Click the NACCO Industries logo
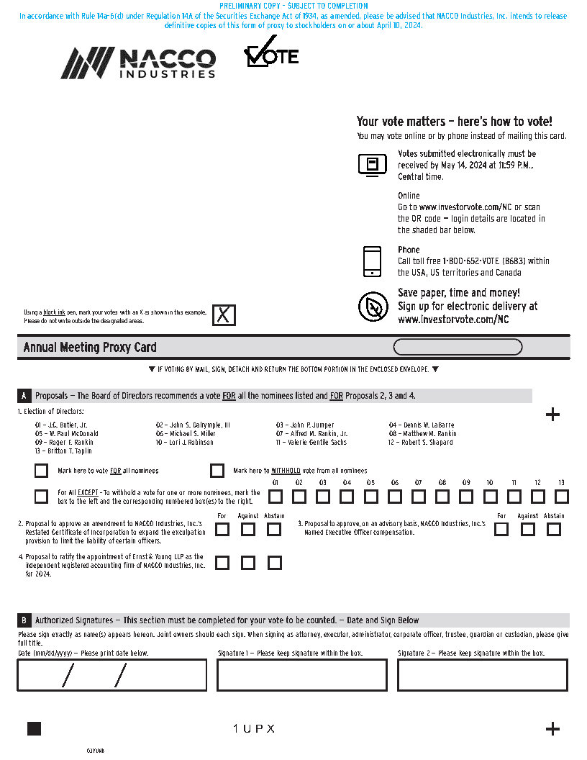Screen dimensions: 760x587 coord(138,63)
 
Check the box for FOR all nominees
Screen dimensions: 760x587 coord(41,471)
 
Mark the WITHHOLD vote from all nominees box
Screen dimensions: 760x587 coord(217,471)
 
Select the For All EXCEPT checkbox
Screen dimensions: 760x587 coord(41,496)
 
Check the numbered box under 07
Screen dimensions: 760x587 coord(419,496)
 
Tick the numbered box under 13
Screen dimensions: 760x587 coord(562,496)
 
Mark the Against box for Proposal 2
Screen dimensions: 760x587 coord(248,530)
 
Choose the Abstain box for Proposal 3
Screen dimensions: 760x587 coord(553,530)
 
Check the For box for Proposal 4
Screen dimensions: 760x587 coord(222,563)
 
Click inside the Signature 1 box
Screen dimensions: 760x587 coord(302,675)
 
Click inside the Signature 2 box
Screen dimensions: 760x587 coord(482,675)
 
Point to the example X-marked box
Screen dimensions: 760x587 coord(224,315)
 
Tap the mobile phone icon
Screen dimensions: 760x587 coord(372,261)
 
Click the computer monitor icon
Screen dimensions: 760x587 coord(372,165)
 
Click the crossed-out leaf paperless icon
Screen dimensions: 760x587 coord(373,307)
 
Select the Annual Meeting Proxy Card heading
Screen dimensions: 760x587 coord(90,348)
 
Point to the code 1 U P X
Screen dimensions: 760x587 coord(254,729)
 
